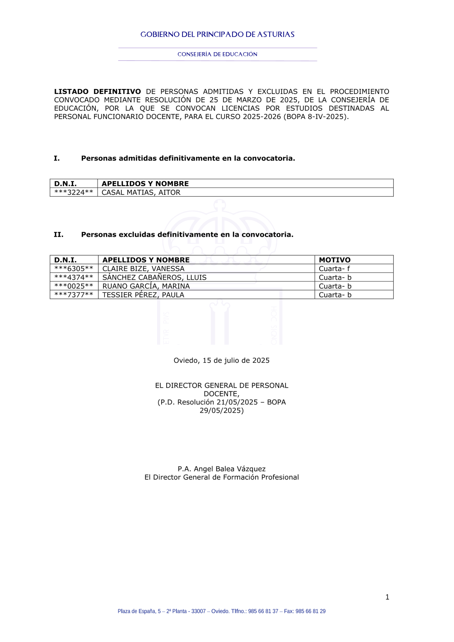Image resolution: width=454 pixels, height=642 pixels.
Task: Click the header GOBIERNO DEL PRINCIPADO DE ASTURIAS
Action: pyautogui.click(x=217, y=35)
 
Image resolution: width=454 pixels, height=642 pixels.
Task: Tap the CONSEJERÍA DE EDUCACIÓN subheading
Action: pyautogui.click(x=217, y=54)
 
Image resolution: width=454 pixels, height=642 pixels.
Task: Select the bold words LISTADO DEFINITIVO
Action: pyautogui.click(x=97, y=92)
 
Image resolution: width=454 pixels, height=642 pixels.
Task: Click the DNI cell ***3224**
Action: pyautogui.click(x=74, y=193)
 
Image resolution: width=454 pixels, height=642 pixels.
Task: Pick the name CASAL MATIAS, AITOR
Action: pyautogui.click(x=141, y=193)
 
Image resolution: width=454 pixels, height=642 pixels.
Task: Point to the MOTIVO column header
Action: pyautogui.click(x=335, y=260)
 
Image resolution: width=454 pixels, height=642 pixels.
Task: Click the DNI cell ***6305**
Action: pyautogui.click(x=74, y=269)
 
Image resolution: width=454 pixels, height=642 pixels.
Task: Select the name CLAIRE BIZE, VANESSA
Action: pyautogui.click(x=143, y=269)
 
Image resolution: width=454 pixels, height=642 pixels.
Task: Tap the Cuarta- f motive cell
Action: pyautogui.click(x=335, y=269)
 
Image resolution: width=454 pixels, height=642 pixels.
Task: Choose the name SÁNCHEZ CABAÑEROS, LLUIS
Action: pyautogui.click(x=154, y=277)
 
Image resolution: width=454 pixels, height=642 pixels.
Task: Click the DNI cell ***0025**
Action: pyautogui.click(x=74, y=286)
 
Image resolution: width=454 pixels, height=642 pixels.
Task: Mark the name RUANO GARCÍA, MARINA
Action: pyautogui.click(x=146, y=286)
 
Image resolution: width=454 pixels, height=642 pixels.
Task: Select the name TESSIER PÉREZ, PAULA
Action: pyautogui.click(x=143, y=295)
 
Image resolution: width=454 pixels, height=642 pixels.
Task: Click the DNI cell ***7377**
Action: pyautogui.click(x=74, y=295)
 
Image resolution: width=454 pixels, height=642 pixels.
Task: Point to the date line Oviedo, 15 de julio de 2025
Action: pyautogui.click(x=222, y=361)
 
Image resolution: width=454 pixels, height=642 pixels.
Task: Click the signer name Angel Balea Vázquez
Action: pyautogui.click(x=230, y=469)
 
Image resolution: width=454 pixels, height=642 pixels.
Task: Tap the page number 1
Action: pyautogui.click(x=387, y=598)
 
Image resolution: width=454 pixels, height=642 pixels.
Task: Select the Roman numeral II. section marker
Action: pyautogui.click(x=59, y=235)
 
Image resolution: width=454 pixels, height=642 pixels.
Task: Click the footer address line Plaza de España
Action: pyautogui.click(x=222, y=612)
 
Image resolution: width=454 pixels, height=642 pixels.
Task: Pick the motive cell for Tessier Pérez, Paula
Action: pyautogui.click(x=335, y=295)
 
